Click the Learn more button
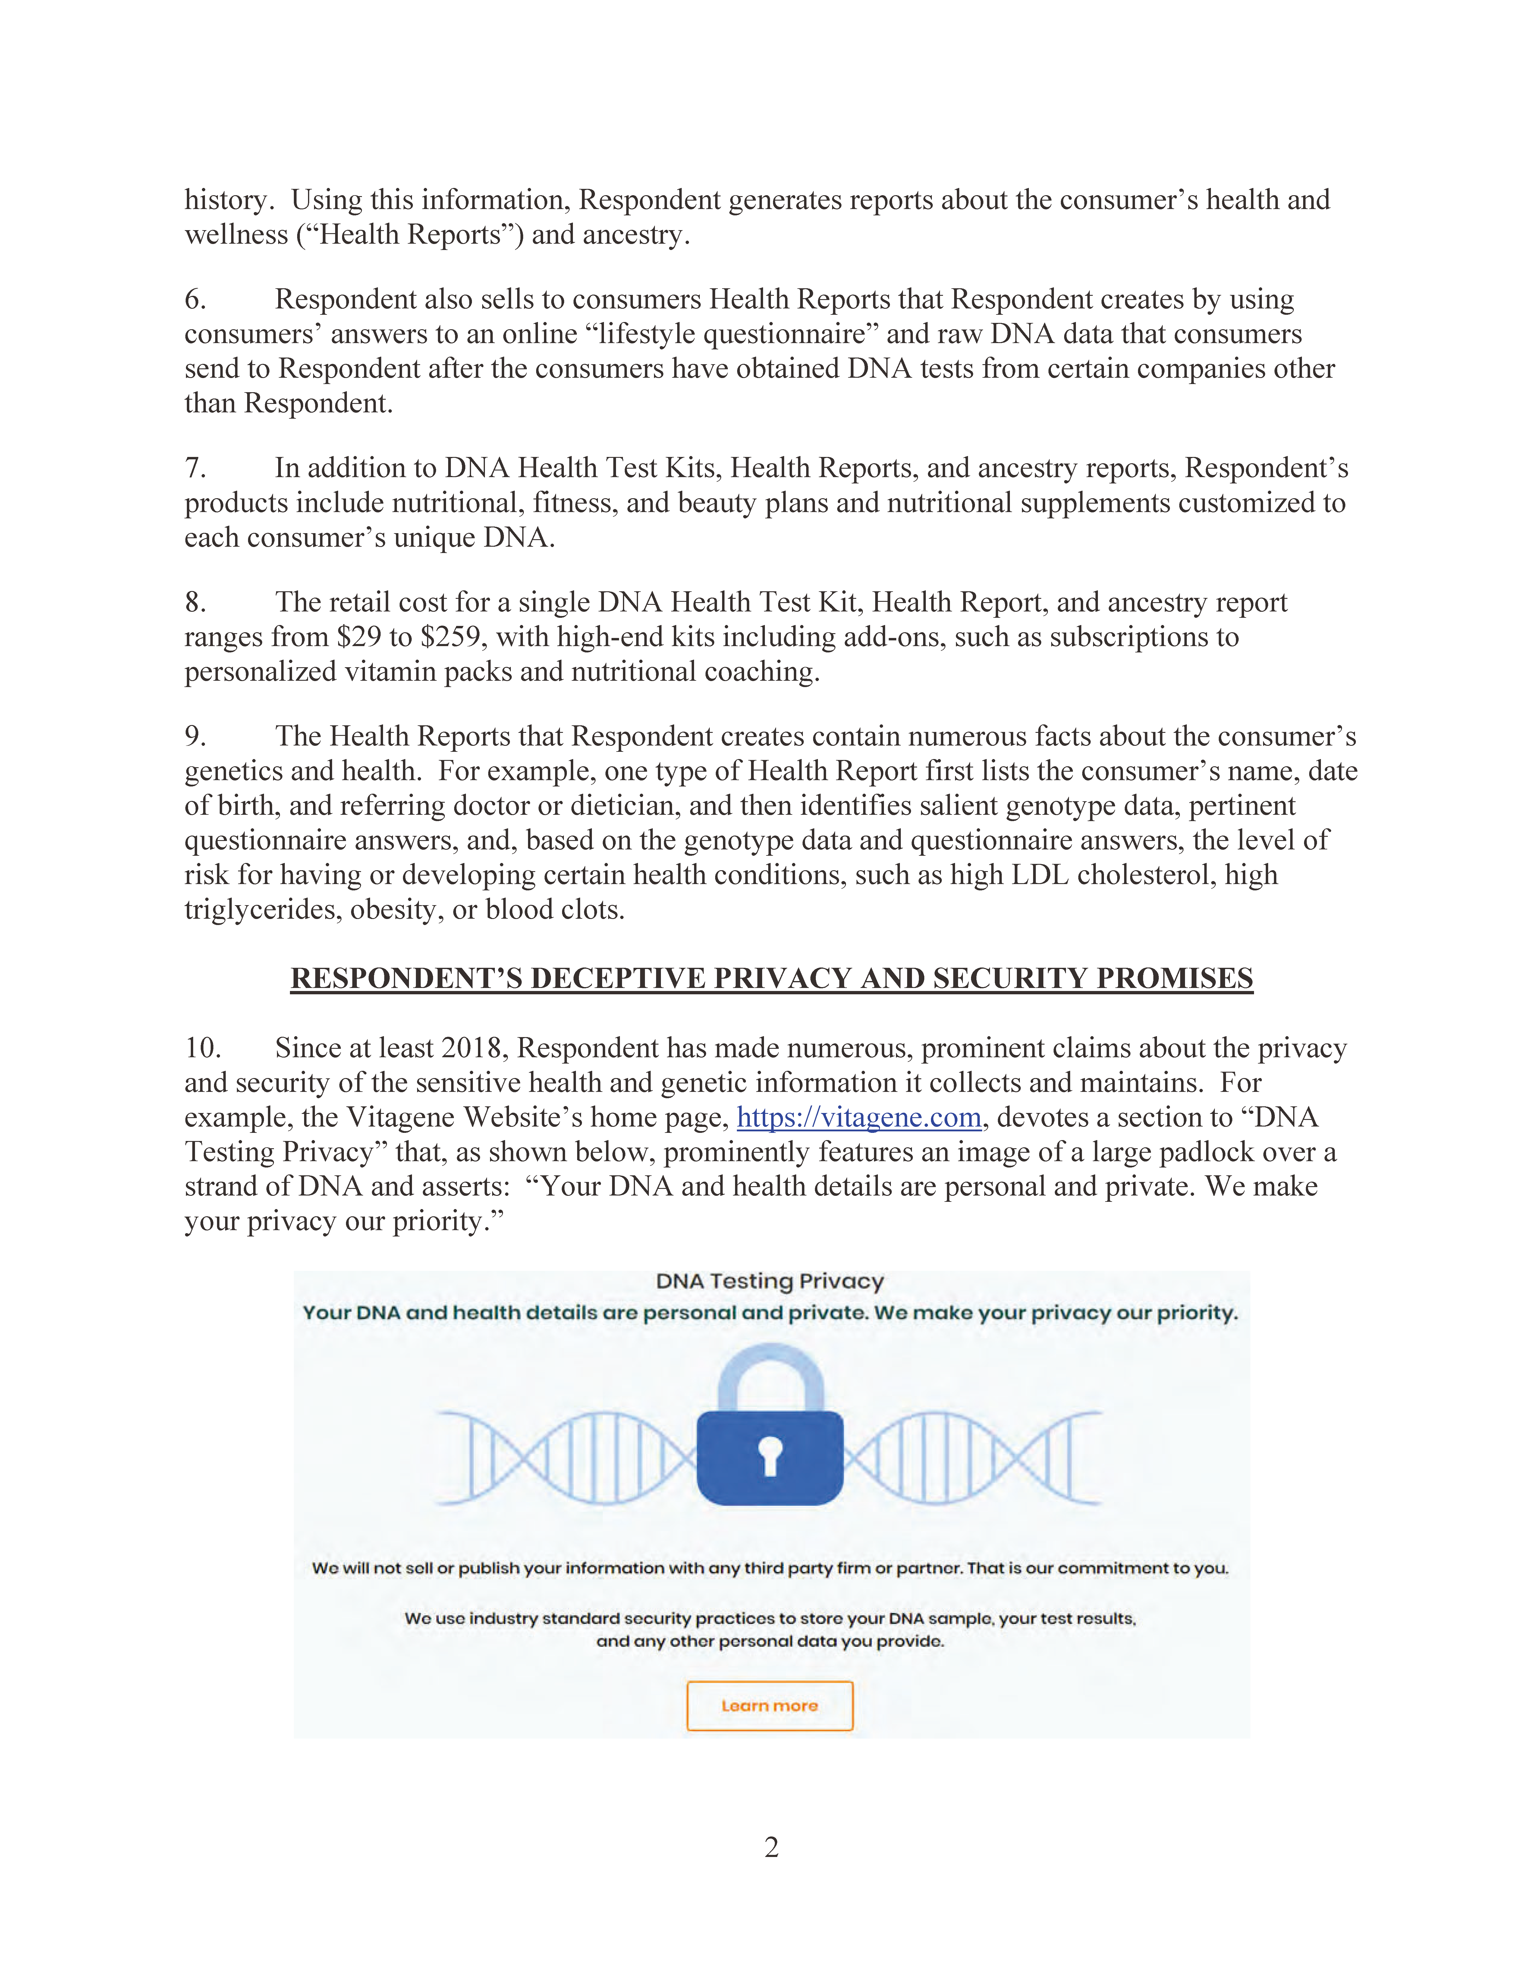click(769, 1706)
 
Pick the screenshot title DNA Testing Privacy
click(769, 1282)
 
